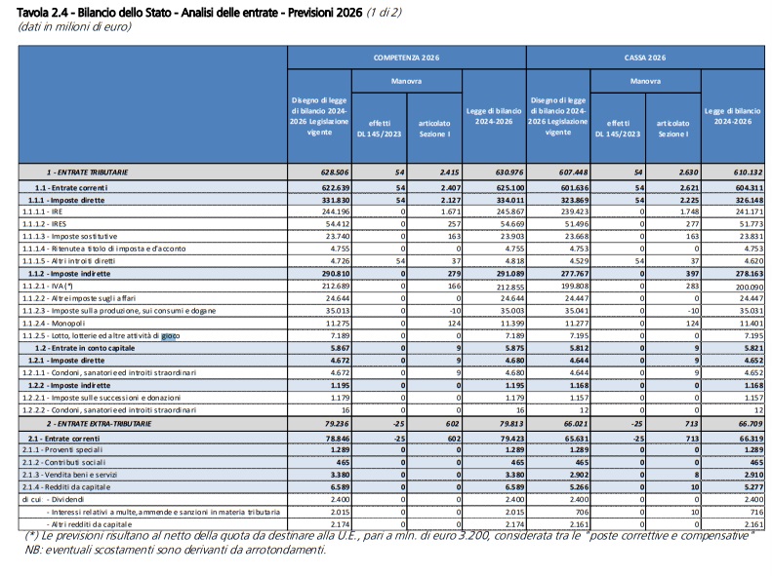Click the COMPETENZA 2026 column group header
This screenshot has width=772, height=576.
(x=406, y=58)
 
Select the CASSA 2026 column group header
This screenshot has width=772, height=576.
(x=645, y=58)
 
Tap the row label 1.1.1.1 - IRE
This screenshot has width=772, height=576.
(x=42, y=211)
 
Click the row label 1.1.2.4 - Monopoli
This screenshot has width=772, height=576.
(x=54, y=324)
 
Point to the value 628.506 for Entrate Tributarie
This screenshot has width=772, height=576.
(x=335, y=172)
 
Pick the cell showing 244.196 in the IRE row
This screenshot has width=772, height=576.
(x=336, y=211)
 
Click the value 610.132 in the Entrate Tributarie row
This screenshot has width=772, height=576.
(x=749, y=172)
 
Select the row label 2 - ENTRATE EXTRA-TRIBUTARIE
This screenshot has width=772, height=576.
(x=99, y=424)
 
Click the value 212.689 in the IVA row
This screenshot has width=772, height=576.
(x=336, y=286)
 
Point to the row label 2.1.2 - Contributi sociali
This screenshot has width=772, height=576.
(x=63, y=463)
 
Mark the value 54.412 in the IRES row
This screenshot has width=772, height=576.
(x=338, y=224)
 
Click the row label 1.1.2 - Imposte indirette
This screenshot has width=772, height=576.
(x=69, y=274)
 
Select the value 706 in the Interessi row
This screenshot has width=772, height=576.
(x=583, y=512)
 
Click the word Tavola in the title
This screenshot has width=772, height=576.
(x=32, y=13)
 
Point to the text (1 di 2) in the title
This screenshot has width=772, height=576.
(x=384, y=13)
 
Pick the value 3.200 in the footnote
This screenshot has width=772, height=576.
(x=472, y=536)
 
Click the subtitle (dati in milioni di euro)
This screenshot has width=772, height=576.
(x=75, y=26)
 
